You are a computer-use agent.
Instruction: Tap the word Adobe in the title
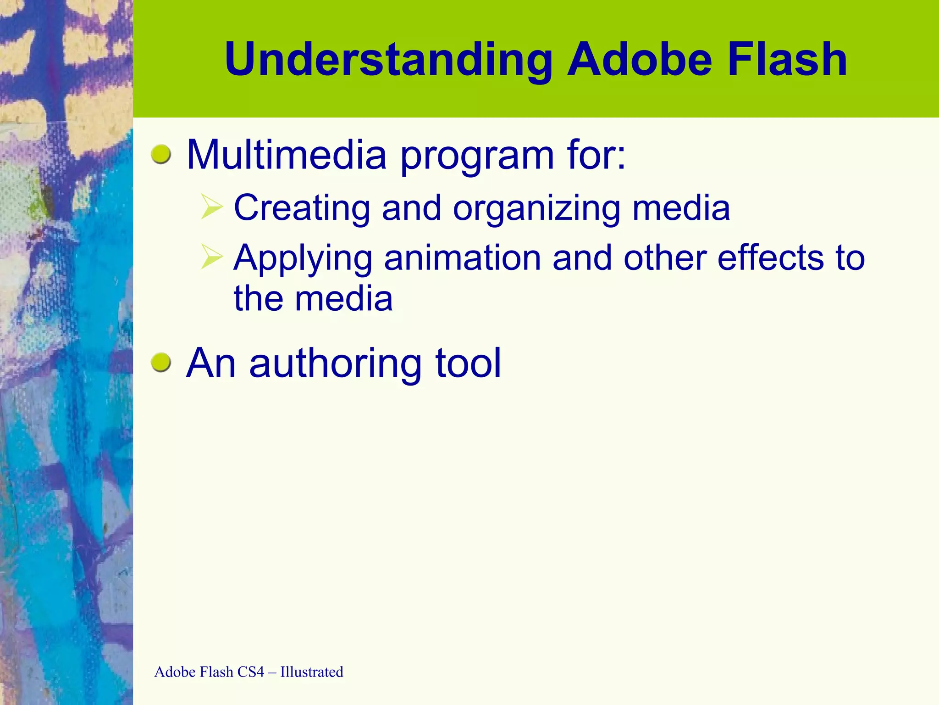(x=640, y=60)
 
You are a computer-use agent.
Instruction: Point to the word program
(x=477, y=158)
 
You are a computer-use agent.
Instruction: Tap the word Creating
(x=302, y=208)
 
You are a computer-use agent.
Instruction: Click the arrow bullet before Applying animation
(x=212, y=257)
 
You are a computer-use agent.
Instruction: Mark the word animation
(x=463, y=258)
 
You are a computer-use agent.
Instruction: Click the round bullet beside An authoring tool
(x=161, y=363)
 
